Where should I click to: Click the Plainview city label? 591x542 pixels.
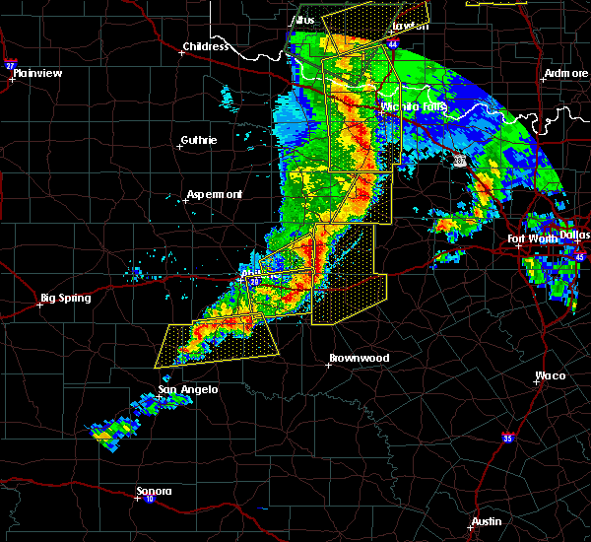(40, 72)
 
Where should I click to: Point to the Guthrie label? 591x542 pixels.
(198, 140)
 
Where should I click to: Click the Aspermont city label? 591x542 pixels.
(215, 194)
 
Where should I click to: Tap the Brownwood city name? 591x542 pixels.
(359, 358)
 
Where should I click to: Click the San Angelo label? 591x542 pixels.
(188, 389)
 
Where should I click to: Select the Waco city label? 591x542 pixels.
(551, 375)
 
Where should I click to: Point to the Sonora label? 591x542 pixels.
(155, 491)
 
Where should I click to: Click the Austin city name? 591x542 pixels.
(486, 521)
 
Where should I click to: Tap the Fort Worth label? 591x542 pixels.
(533, 238)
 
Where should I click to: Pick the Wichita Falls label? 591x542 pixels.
(414, 106)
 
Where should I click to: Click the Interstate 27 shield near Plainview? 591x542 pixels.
(10, 65)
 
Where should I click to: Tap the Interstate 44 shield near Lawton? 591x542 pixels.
(393, 45)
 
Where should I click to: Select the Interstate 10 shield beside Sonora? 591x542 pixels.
(150, 500)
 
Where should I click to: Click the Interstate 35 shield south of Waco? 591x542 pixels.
(508, 437)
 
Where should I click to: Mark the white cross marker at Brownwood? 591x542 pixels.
(328, 365)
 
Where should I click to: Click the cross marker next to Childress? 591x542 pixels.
(181, 53)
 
